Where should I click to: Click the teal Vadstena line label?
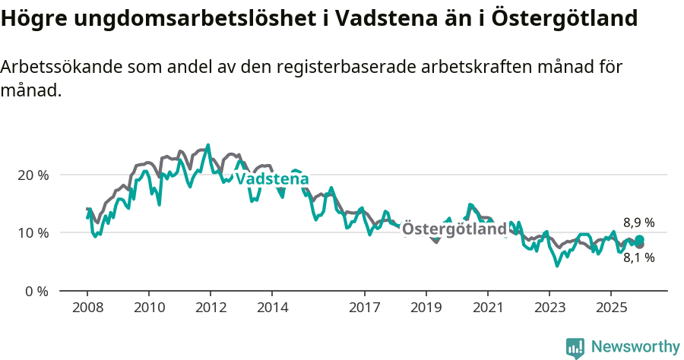coord(272,179)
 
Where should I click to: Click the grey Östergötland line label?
coord(454,229)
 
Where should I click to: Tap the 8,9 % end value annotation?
coord(638,223)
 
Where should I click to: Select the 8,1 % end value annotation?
coord(638,257)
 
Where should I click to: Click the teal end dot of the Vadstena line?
coord(639,240)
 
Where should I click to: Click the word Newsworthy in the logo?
coord(635,347)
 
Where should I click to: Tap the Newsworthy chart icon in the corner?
coord(575,348)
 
